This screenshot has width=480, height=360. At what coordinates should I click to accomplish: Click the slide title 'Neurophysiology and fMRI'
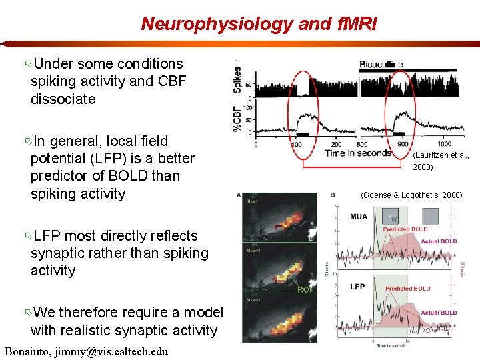[x=259, y=25]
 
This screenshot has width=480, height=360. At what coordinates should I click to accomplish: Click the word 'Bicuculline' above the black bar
[x=381, y=65]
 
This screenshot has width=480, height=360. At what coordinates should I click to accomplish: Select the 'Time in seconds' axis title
[x=358, y=153]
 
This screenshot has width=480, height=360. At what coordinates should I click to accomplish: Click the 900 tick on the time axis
[x=404, y=143]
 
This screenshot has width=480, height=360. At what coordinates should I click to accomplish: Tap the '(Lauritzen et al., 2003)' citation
[x=441, y=161]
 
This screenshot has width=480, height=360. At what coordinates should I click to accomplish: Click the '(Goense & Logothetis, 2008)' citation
[x=411, y=195]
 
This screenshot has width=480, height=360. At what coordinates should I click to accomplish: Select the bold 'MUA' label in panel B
[x=359, y=217]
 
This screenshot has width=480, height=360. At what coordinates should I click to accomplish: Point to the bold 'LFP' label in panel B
[x=357, y=286]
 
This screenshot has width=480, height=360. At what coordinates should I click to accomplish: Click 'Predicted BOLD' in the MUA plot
[x=405, y=229]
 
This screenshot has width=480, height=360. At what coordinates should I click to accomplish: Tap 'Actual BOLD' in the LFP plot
[x=439, y=312]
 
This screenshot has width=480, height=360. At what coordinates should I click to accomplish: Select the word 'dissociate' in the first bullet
[x=63, y=99]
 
